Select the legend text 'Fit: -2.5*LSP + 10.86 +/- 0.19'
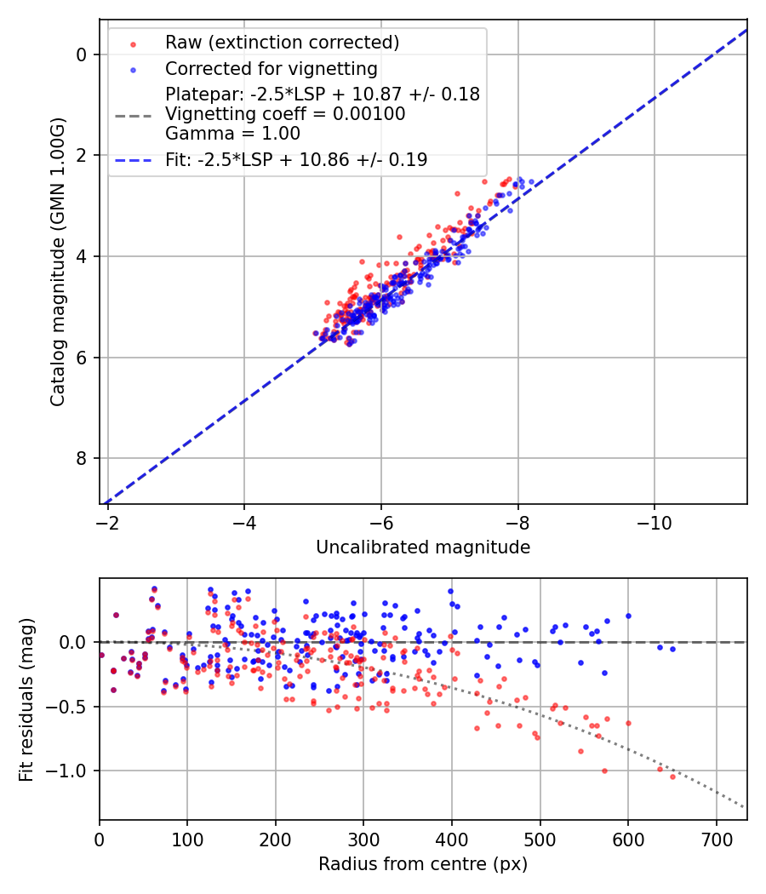tap(296, 159)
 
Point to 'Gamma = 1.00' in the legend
tap(232, 133)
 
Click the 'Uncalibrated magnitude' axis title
tap(423, 547)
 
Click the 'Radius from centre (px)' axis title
tap(423, 864)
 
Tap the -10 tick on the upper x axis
tap(654, 520)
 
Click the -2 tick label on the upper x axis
tap(108, 520)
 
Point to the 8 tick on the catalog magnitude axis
tap(81, 459)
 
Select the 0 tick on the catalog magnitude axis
tap(81, 54)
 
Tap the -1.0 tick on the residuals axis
tap(71, 771)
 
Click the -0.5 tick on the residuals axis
tap(71, 707)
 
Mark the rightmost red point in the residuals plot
tap(672, 777)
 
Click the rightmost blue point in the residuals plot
tap(672, 649)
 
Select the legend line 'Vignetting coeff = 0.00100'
tap(285, 114)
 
